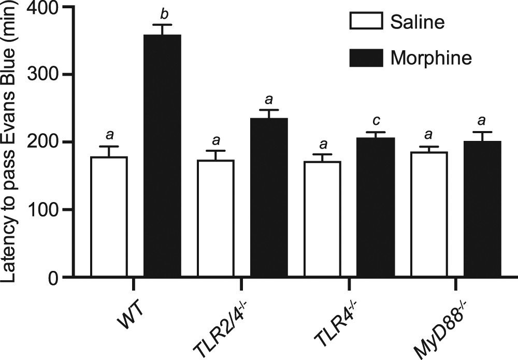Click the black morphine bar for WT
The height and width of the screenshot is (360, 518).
[162, 155]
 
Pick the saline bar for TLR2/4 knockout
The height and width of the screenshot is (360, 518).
[215, 218]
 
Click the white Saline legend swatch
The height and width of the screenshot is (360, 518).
[367, 22]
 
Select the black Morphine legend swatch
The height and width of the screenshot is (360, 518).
[367, 57]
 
